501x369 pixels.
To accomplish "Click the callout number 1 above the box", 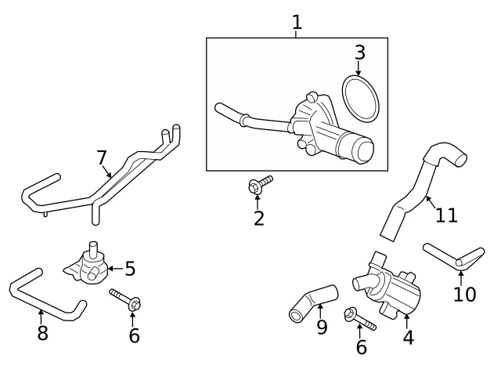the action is (297, 23).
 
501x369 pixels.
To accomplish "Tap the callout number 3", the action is (360, 52).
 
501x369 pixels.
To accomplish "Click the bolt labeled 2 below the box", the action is (260, 185).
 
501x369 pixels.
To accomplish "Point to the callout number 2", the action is (259, 219).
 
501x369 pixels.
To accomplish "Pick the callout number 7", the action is (101, 157).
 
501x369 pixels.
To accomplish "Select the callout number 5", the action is (130, 269).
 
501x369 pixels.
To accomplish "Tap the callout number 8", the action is (42, 332).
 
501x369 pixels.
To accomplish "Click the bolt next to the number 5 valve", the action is (125, 299).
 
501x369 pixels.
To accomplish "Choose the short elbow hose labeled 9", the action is (313, 302).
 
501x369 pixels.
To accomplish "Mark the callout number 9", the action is (322, 327).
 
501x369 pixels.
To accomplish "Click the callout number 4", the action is (409, 338).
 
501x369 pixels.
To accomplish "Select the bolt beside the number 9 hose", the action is (360, 319).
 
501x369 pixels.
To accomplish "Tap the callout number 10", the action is (465, 294).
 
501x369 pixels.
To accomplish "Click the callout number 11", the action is (446, 215).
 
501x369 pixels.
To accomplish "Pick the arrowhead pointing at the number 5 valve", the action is (110, 268).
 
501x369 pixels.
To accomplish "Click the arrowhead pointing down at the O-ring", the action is (359, 73).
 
